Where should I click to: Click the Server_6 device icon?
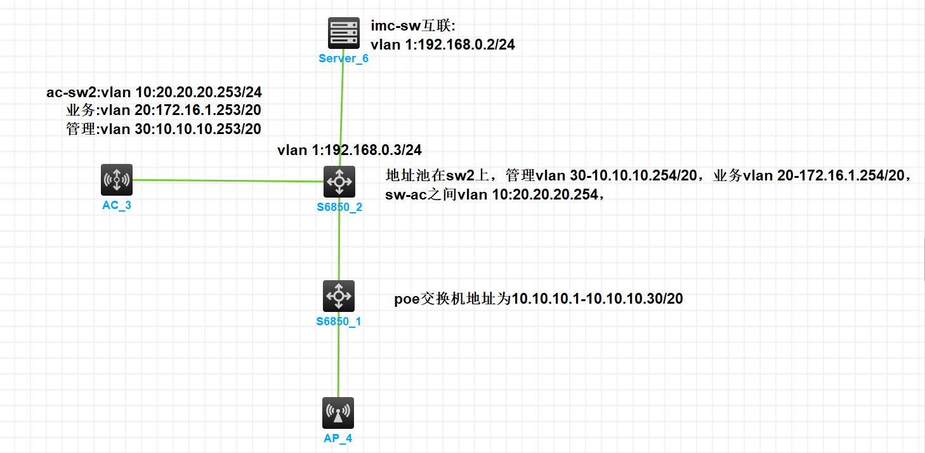pos(343,33)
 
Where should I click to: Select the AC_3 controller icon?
pos(117,180)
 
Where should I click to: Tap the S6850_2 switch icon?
pos(339,182)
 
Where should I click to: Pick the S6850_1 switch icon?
pos(338,296)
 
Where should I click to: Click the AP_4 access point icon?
pos(338,413)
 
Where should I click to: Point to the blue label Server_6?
pos(343,59)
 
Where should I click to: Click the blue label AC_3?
pos(117,206)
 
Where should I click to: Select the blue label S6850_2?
pos(339,207)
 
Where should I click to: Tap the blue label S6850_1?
pos(339,321)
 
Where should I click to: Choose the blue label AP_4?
pos(338,438)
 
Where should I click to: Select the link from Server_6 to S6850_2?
pos(341,108)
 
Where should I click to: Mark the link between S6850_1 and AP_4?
pos(338,356)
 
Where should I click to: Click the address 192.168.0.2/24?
pos(463,45)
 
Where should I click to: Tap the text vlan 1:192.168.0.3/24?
pos(350,150)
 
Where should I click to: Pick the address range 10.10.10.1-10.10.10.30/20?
pos(597,299)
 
